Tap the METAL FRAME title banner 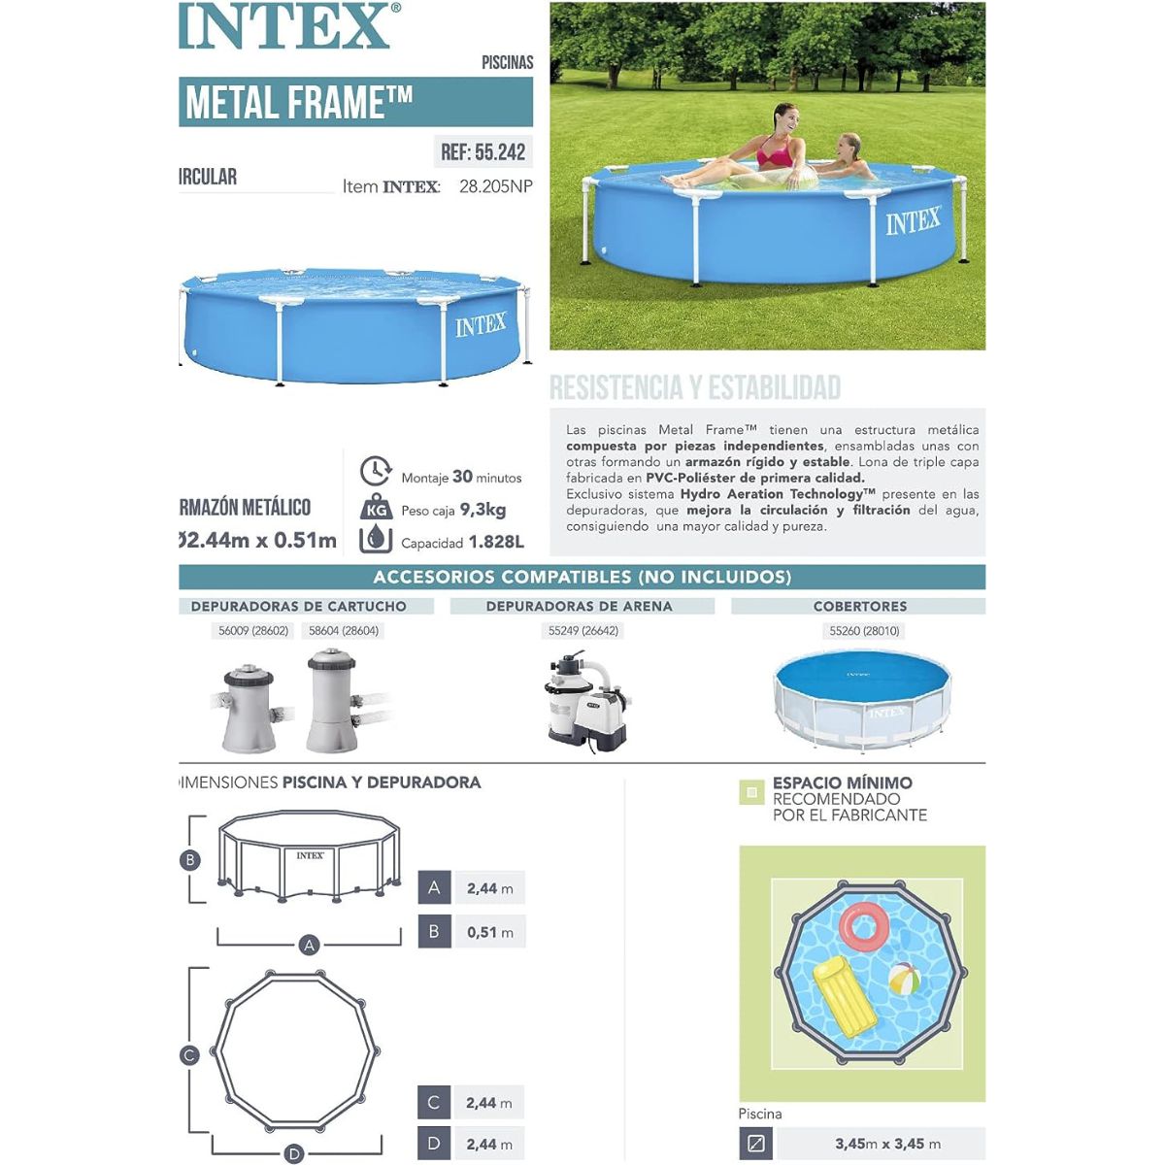[x=355, y=102]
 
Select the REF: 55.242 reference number [x=483, y=151]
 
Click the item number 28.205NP [x=495, y=186]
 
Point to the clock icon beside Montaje [x=375, y=472]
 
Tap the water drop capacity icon [x=376, y=539]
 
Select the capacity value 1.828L [x=496, y=542]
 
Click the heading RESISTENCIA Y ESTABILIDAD [x=695, y=388]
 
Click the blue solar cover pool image [x=862, y=699]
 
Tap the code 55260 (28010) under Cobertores [x=864, y=631]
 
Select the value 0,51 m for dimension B [x=489, y=932]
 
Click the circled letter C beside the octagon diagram [x=190, y=1055]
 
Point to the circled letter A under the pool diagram [x=310, y=945]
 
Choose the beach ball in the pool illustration [x=905, y=979]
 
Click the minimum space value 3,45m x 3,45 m [x=887, y=1144]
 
